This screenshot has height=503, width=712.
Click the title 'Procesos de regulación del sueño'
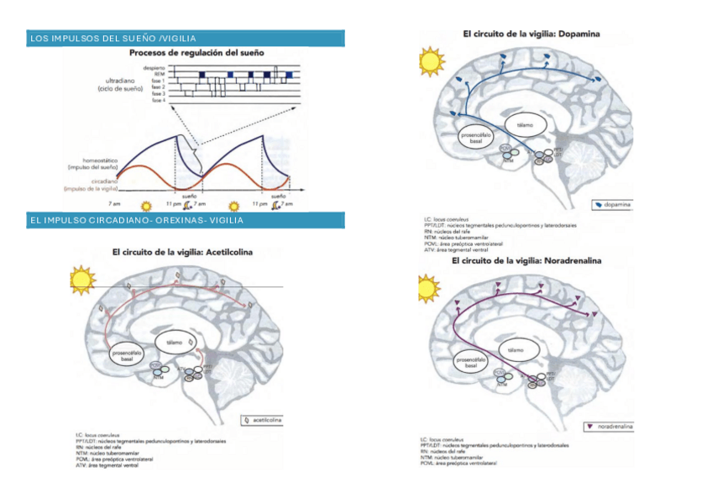(x=196, y=52)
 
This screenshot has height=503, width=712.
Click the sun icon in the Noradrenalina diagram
(x=429, y=288)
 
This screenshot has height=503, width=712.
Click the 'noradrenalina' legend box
(x=610, y=427)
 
